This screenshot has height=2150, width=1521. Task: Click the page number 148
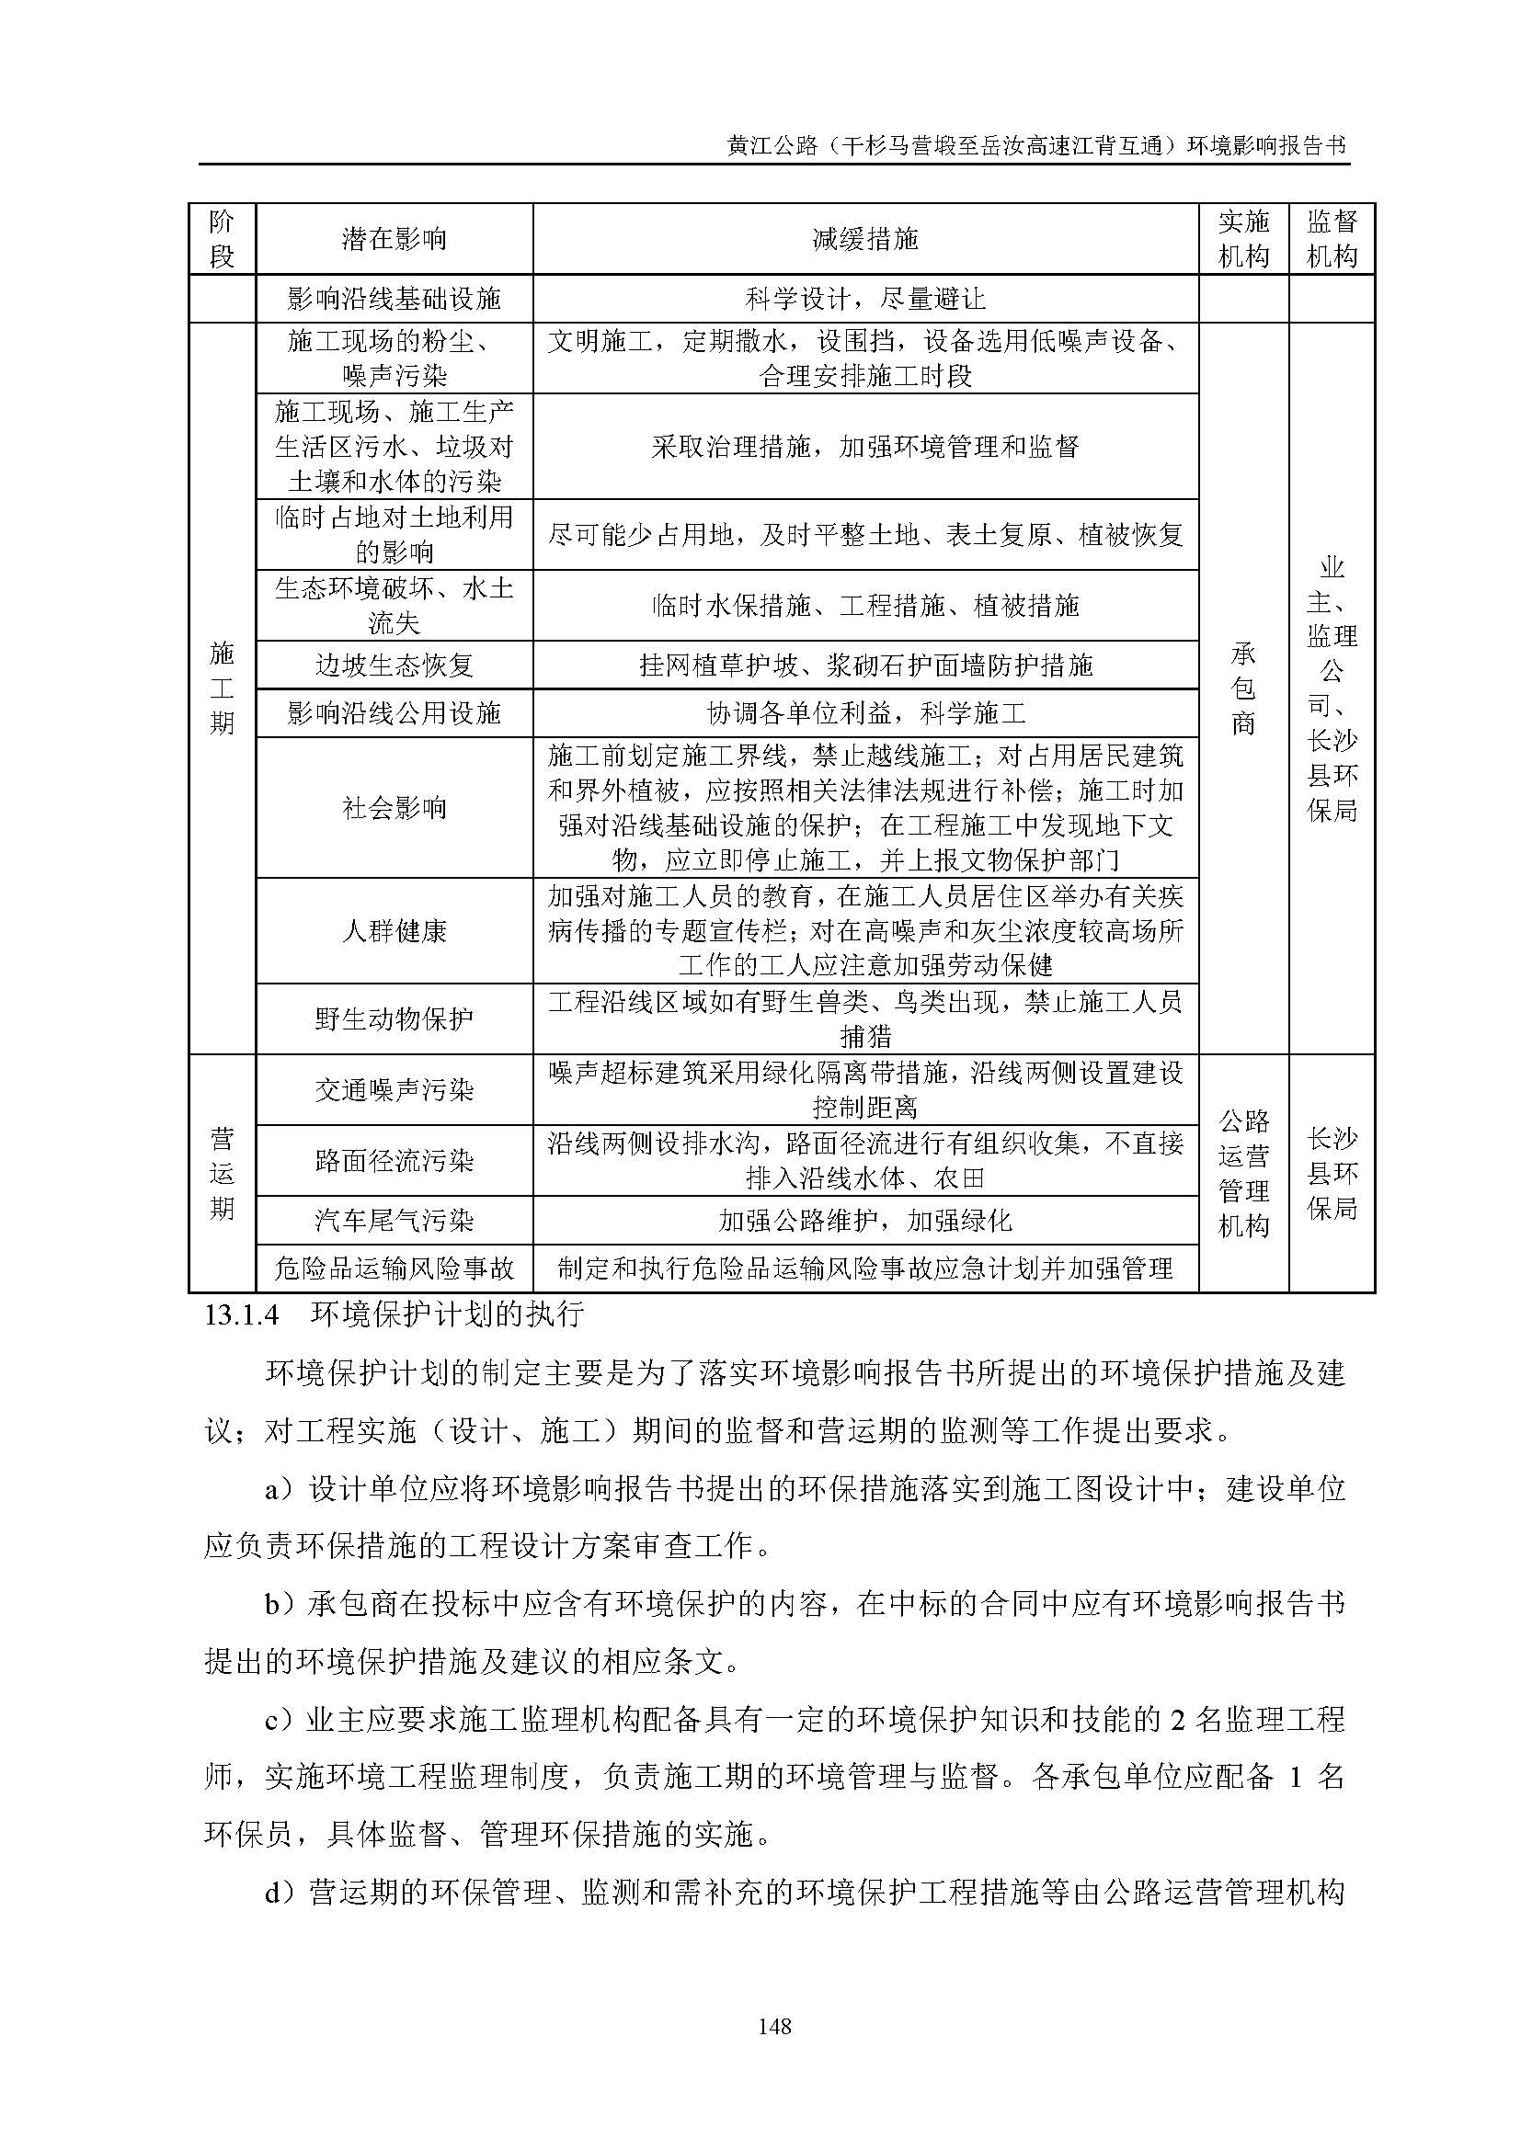775,2019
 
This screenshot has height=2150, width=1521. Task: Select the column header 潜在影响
395,240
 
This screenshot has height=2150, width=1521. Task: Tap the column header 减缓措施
865,240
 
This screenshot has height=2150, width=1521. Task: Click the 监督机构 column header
1331,239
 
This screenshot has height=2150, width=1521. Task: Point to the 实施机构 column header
1243,239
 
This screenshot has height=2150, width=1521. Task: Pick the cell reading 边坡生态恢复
395,665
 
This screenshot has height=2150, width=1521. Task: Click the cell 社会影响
395,807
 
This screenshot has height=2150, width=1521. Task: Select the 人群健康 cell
395,931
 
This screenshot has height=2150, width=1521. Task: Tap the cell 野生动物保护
395,1018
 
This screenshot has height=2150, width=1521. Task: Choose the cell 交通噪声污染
395,1090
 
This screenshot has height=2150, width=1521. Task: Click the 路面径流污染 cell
395,1161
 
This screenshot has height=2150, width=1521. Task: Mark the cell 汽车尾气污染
395,1220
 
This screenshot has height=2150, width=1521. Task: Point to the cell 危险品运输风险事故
395,1268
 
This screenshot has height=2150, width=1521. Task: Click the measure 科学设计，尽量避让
865,299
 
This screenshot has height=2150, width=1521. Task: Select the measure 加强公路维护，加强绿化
865,1220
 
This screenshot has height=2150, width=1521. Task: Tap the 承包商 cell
1243,688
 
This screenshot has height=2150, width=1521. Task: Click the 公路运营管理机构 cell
1243,1173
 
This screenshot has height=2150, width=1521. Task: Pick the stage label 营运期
222,1173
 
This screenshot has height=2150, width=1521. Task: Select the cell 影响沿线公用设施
395,713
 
